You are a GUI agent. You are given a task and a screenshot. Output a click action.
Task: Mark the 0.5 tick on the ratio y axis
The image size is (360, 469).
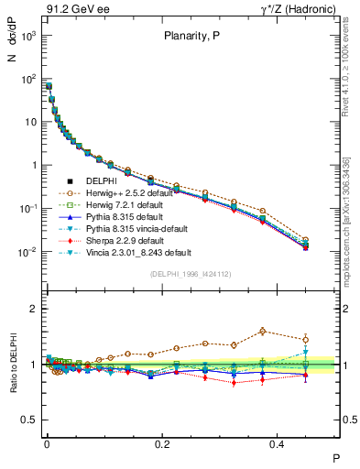(x=31, y=420)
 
